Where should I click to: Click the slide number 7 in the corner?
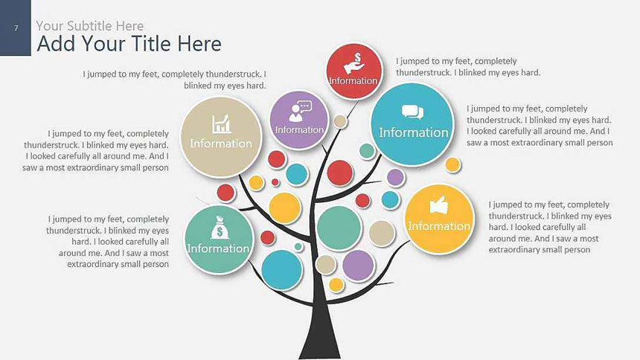click(x=16, y=28)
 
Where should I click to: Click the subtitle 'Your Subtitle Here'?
click(x=90, y=26)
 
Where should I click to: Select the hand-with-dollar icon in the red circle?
click(x=354, y=63)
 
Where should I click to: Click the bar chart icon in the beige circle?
click(x=221, y=124)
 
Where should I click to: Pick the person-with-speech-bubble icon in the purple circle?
click(x=299, y=111)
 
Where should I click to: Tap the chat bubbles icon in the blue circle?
click(x=412, y=112)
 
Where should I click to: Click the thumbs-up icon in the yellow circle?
click(x=439, y=205)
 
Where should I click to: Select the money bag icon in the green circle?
click(x=220, y=228)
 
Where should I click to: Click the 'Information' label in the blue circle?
click(x=414, y=132)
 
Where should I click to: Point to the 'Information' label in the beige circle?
click(x=221, y=144)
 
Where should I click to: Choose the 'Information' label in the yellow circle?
click(x=439, y=225)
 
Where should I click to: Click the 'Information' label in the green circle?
click(x=218, y=248)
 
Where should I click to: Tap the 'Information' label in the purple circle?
click(x=299, y=129)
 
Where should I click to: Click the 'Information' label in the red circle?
click(x=353, y=80)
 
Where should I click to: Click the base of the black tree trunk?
click(x=319, y=354)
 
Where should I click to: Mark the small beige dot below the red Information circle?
click(x=340, y=121)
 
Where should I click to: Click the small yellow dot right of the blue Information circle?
click(x=452, y=165)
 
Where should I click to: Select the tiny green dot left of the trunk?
click(x=298, y=246)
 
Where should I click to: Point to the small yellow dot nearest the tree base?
click(x=336, y=284)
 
